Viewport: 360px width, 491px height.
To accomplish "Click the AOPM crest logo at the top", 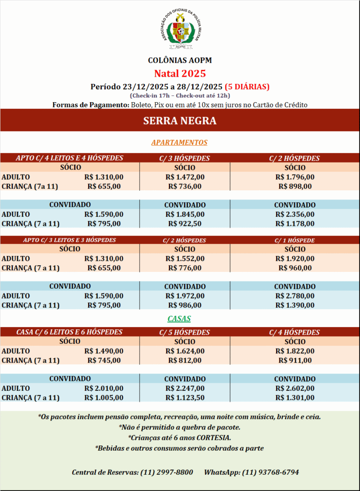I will (180, 29).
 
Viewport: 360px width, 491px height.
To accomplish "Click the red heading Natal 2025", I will (180, 73).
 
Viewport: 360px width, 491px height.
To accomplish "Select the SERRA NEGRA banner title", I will (180, 121).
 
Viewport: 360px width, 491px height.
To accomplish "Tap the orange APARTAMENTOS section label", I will (179, 142).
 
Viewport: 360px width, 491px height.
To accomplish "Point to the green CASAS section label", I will (179, 318).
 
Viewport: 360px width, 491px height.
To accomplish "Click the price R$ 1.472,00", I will (185, 177).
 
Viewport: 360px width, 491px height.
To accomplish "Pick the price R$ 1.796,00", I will (295, 177).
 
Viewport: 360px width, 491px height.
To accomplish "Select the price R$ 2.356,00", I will (295, 214).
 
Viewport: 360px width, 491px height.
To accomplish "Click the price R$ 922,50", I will (185, 223).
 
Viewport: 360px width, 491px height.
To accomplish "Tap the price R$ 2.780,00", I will (295, 296).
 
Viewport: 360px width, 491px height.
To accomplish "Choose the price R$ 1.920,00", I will (295, 258).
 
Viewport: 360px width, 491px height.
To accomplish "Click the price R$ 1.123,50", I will (185, 397).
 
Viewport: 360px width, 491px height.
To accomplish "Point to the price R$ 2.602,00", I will (295, 388).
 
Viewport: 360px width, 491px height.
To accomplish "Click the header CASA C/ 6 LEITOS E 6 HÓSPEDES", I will (70, 332).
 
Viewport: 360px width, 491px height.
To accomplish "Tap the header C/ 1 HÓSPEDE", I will (295, 240).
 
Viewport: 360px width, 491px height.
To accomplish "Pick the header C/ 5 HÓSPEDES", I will (185, 332).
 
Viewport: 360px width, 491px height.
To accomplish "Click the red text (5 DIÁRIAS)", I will (247, 87).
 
